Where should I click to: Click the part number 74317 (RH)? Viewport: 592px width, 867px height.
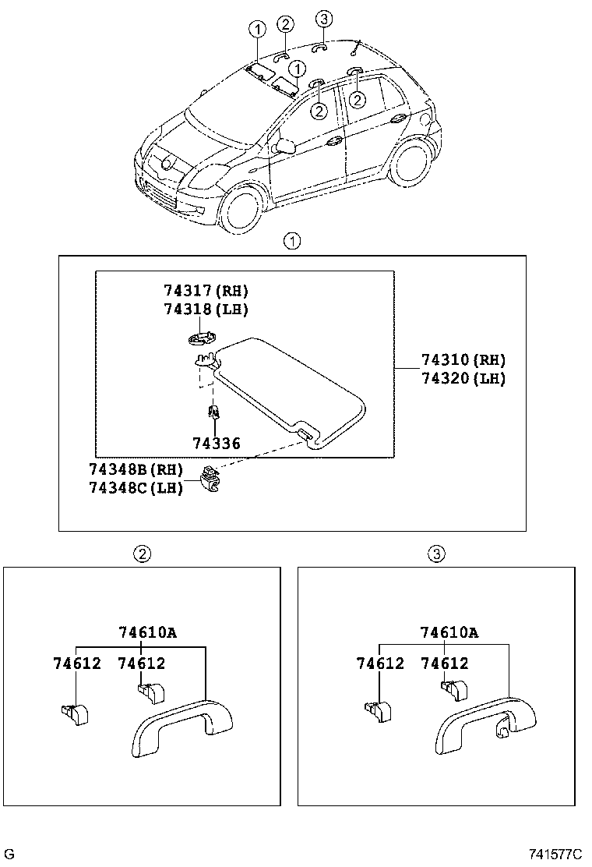206,291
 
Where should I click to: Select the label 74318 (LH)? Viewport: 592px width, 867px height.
206,309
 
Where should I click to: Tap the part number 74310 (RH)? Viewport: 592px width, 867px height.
463,360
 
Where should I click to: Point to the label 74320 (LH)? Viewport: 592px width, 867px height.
463,379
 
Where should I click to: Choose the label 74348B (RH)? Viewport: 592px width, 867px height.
136,470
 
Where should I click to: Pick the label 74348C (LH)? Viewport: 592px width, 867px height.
136,488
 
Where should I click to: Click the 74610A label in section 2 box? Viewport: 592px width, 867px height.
148,632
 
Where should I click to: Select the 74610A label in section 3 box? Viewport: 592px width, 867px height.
449,632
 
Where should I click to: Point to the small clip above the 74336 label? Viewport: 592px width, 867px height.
211,412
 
